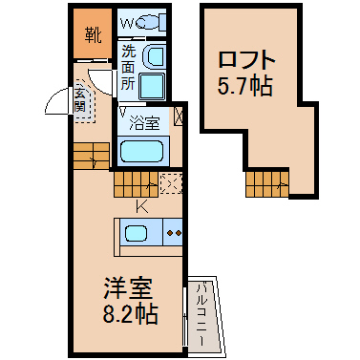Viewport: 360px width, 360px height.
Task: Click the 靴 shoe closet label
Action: pyautogui.click(x=93, y=34)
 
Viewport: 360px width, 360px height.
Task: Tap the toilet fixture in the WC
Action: pyautogui.click(x=152, y=22)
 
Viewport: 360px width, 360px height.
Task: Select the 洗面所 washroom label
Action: pyautogui.click(x=129, y=68)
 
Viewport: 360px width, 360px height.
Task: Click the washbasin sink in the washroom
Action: pyautogui.click(x=154, y=57)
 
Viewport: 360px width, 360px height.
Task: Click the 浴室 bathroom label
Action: pyautogui.click(x=144, y=123)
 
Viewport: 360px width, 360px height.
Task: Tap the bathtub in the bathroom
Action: pyautogui.click(x=141, y=152)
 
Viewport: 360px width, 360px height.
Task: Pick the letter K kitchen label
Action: pyautogui.click(x=142, y=207)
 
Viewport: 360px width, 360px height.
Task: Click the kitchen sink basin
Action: pyautogui.click(x=136, y=234)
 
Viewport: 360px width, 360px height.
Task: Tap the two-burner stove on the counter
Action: pyautogui.click(x=173, y=233)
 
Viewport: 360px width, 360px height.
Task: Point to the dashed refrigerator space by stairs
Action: pyautogui.click(x=171, y=183)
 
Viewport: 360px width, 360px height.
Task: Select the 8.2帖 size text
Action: pyautogui.click(x=130, y=313)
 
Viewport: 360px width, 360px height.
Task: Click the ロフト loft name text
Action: pyautogui.click(x=246, y=60)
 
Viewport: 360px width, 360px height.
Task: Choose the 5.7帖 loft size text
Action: pyautogui.click(x=245, y=86)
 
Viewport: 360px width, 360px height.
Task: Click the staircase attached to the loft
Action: pyautogui.click(x=267, y=184)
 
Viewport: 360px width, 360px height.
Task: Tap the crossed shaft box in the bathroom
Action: pyautogui.click(x=179, y=116)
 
